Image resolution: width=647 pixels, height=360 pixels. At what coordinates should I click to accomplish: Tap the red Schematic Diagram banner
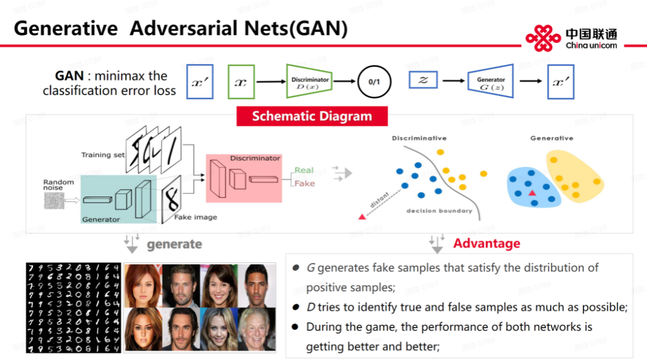pyautogui.click(x=312, y=116)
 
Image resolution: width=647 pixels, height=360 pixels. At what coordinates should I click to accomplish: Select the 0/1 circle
pyautogui.click(x=374, y=82)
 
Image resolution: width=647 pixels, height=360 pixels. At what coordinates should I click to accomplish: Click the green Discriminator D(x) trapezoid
pyautogui.click(x=310, y=82)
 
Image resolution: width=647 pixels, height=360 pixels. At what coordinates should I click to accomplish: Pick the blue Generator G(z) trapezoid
pyautogui.click(x=491, y=82)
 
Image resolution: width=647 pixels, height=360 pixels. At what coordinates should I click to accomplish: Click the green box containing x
pyautogui.click(x=241, y=82)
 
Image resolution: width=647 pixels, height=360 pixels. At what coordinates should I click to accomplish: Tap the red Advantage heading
pyautogui.click(x=486, y=244)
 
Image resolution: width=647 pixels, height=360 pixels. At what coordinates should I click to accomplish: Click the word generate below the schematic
pyautogui.click(x=174, y=244)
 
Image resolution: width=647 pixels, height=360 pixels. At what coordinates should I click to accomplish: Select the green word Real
pyautogui.click(x=304, y=170)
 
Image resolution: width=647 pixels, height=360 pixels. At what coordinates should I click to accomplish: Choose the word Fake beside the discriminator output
pyautogui.click(x=304, y=183)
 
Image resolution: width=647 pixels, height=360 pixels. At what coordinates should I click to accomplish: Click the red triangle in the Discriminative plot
pyautogui.click(x=362, y=216)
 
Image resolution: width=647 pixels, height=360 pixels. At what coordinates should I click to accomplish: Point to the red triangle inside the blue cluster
pyautogui.click(x=532, y=193)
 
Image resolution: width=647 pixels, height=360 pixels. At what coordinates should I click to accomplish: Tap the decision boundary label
pyautogui.click(x=439, y=211)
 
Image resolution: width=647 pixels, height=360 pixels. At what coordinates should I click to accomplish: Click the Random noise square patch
pyautogui.click(x=53, y=201)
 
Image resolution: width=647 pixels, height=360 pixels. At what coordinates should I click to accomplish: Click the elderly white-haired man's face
pyautogui.click(x=257, y=329)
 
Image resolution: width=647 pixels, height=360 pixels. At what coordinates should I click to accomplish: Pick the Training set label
pyautogui.click(x=103, y=155)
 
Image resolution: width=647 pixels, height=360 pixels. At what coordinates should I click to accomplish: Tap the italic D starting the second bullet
pyautogui.click(x=310, y=308)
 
